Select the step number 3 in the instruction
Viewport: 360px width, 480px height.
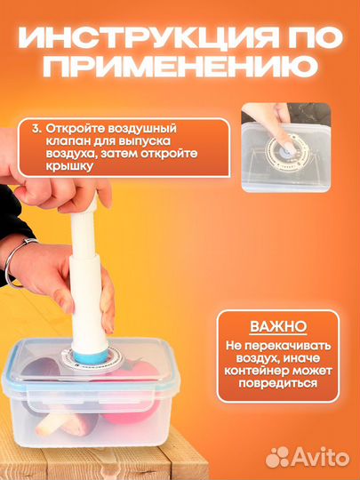(37, 127)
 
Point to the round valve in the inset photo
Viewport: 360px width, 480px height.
(284, 145)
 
